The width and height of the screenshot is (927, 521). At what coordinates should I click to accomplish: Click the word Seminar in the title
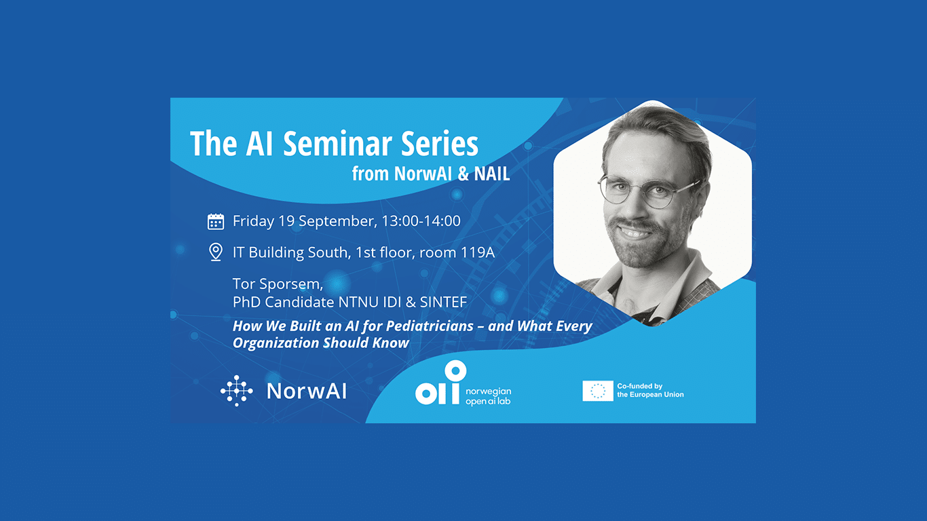tap(338, 143)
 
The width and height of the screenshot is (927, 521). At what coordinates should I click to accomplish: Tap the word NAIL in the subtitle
tap(491, 174)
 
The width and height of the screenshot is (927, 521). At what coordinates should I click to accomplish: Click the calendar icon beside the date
tap(216, 221)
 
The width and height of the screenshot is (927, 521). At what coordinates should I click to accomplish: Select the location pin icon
tap(216, 252)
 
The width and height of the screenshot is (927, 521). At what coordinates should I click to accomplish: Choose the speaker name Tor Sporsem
tap(278, 284)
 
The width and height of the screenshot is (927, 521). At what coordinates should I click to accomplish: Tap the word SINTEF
tap(443, 302)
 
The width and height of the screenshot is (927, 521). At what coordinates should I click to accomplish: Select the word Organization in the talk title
tap(276, 343)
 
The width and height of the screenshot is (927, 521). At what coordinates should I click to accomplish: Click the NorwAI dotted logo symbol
tap(237, 391)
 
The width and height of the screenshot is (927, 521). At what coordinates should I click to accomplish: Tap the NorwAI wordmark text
tap(307, 391)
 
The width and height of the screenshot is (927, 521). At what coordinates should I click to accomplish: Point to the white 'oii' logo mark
tap(441, 383)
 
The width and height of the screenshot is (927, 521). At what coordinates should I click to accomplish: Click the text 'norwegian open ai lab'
tap(489, 396)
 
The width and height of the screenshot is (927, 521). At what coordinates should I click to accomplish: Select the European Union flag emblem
tap(598, 391)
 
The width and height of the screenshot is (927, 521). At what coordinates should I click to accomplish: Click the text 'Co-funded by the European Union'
tap(650, 390)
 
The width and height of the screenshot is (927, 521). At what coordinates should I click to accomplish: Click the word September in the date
tap(337, 221)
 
